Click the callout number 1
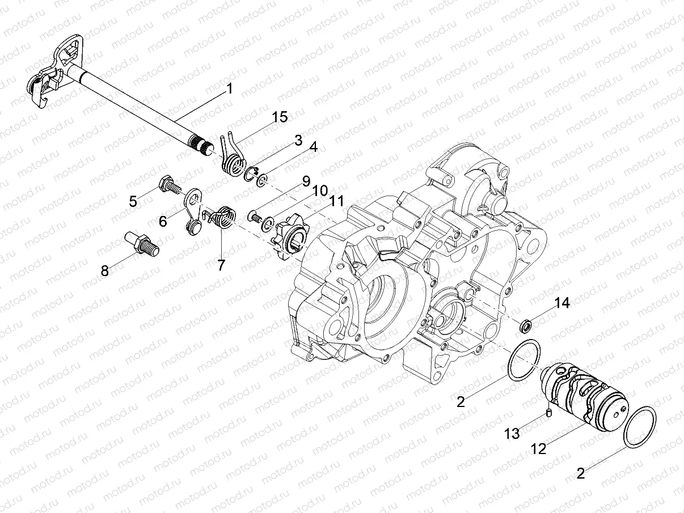229,88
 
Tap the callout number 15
280,117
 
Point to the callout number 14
561,304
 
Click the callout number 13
512,434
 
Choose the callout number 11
337,201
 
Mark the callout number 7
220,264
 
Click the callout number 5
133,201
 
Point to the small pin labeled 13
549,413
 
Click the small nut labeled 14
526,325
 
